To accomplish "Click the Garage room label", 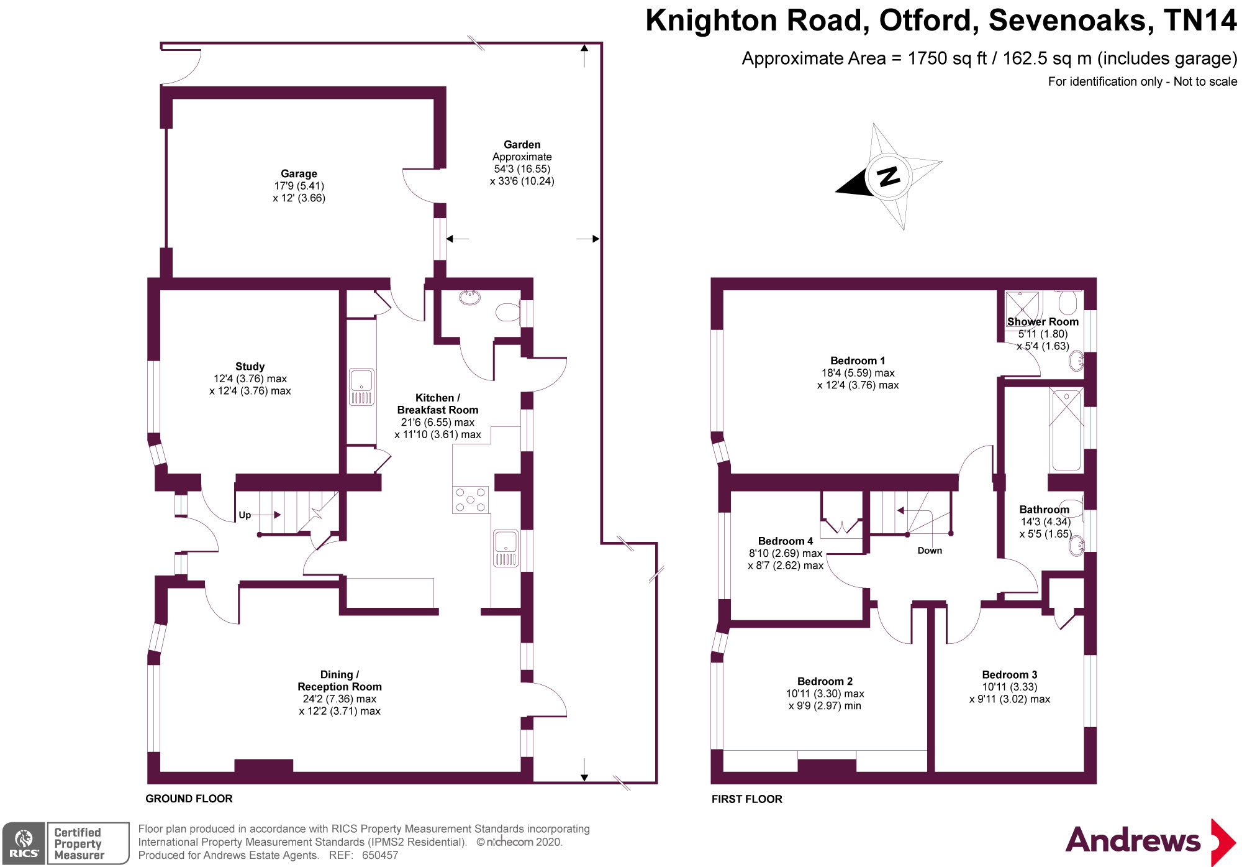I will [299, 174].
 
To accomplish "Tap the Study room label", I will [250, 367].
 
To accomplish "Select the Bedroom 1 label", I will [858, 361].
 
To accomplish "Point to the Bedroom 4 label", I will [785, 541].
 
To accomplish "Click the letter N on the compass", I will [889, 177].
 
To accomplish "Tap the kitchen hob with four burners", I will [470, 500].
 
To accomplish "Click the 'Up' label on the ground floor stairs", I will [245, 515].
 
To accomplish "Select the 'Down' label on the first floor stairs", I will [930, 551].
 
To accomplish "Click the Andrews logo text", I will [1133, 840].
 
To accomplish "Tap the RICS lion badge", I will [24, 843].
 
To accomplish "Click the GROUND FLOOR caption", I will [189, 799].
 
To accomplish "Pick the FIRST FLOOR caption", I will [746, 799].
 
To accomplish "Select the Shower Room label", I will [1043, 322].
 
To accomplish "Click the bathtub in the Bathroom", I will [1066, 429].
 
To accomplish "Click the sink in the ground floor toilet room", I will [470, 298].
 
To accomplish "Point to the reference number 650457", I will [379, 855].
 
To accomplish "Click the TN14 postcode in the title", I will [1200, 21].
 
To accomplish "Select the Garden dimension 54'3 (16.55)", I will [522, 169].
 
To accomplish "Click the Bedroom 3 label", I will [1009, 675].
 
